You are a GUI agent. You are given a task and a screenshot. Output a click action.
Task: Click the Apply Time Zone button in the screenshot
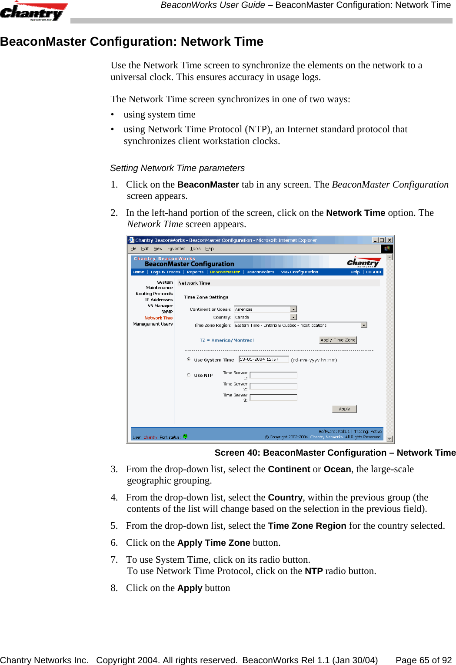338,340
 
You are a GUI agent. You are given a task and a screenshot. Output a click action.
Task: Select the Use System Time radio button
189,359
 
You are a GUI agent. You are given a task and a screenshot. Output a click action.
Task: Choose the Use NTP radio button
189,375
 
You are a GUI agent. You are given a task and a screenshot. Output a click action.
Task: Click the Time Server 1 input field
273,375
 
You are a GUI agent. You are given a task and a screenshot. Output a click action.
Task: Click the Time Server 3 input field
273,397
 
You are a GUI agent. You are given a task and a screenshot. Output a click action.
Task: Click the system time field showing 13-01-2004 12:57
264,359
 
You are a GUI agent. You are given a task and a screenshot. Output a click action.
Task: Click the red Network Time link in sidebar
159,318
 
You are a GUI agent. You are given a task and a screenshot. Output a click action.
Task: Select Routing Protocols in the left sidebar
154,294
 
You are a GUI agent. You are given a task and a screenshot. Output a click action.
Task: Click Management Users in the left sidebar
153,324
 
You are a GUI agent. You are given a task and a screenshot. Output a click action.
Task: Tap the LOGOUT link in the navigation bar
373,272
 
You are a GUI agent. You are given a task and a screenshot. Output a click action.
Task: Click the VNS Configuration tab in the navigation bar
300,272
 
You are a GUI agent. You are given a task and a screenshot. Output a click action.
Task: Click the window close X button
389,240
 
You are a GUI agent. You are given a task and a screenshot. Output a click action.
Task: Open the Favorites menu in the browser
176,249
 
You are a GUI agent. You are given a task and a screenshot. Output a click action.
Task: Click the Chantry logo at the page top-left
33,12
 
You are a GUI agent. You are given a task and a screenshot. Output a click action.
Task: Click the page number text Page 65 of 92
423,660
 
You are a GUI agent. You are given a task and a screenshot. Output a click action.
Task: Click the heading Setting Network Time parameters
177,168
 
